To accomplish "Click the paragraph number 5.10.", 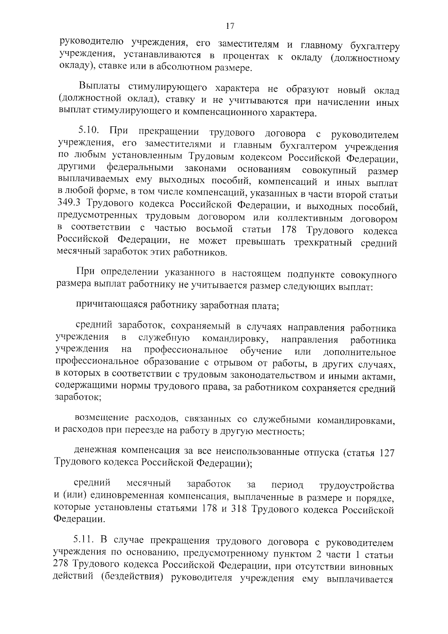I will click(88, 131).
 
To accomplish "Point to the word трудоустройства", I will click(357, 486).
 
